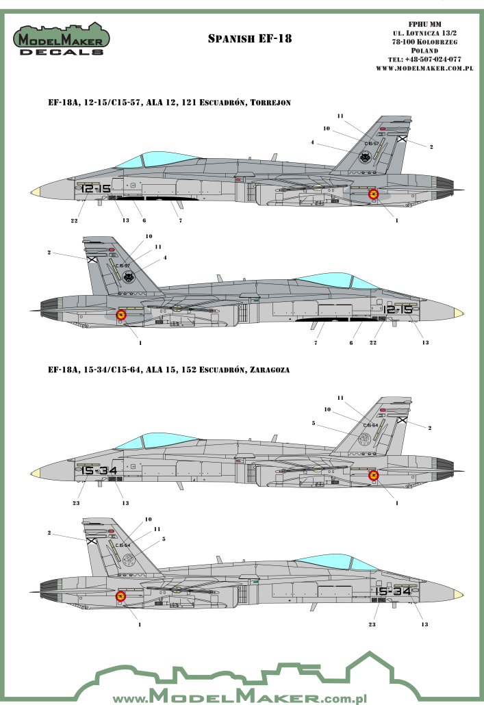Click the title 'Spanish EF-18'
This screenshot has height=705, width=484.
click(x=249, y=39)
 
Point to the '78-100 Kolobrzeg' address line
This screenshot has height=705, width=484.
click(x=425, y=42)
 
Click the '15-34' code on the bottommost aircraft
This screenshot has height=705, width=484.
click(x=392, y=591)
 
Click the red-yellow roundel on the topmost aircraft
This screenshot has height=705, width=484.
click(x=374, y=194)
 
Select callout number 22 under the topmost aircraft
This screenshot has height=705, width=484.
click(x=74, y=220)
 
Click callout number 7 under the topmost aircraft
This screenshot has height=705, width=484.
click(x=179, y=220)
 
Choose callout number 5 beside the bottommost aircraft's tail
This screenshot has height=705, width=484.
click(x=164, y=539)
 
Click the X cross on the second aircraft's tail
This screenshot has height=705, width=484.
click(x=91, y=259)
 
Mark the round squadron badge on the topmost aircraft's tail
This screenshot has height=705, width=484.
click(x=369, y=157)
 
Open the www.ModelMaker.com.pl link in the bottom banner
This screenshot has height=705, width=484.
click(x=242, y=697)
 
